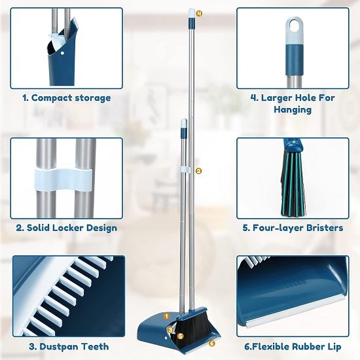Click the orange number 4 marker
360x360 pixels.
(199, 12)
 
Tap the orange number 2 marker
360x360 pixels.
(198, 171)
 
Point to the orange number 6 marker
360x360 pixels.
(212, 342)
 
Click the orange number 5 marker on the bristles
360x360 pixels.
(181, 336)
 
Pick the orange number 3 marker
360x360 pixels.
(170, 329)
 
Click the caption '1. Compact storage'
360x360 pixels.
(66, 98)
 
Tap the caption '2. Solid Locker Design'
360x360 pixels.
(66, 228)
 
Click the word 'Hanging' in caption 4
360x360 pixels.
(293, 110)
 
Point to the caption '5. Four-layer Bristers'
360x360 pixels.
(293, 228)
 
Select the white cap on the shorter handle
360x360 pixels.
(184, 122)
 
